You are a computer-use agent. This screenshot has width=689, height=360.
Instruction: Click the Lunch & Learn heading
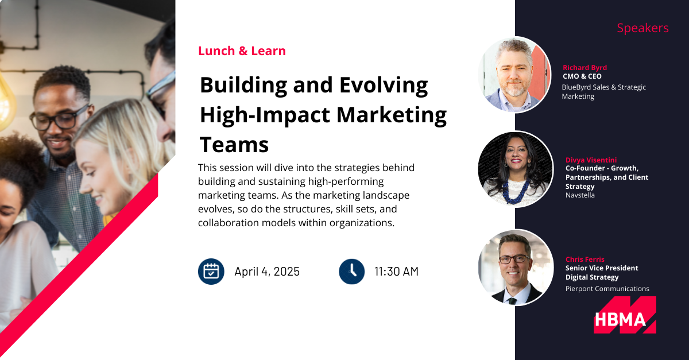242,51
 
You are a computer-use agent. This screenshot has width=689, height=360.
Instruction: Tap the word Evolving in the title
384,86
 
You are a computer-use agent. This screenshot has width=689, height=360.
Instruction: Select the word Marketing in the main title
391,115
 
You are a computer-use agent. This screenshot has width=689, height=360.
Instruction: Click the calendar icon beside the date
211,272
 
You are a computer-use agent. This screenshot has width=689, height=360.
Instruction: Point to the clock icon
351,272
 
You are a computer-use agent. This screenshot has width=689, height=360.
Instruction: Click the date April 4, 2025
266,272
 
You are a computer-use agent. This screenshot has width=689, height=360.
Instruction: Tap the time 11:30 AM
396,272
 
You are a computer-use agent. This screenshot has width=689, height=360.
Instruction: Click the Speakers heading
642,28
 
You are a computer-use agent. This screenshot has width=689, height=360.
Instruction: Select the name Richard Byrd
585,67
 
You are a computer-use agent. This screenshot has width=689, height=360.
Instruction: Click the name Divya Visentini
591,160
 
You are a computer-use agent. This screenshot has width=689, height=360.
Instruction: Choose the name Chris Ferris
585,259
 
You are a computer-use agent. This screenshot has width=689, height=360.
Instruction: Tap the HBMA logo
625,315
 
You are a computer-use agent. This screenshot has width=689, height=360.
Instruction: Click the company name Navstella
580,195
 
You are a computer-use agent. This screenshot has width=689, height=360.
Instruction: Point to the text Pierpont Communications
607,289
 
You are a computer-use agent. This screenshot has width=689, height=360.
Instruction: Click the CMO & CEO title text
582,76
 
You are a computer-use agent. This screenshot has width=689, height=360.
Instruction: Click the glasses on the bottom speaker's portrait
514,259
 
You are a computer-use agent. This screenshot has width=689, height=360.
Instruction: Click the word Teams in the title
234,145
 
